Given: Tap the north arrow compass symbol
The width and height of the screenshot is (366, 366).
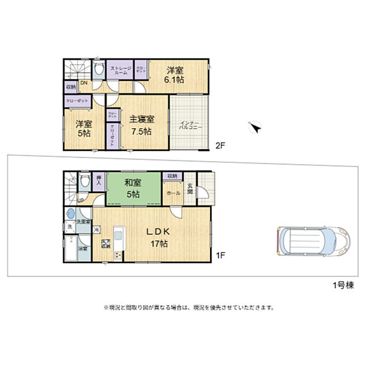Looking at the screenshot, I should (x=256, y=127).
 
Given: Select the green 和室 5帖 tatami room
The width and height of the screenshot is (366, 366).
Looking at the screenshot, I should (x=132, y=189).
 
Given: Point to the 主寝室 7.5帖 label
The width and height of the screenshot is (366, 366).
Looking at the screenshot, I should (x=142, y=125).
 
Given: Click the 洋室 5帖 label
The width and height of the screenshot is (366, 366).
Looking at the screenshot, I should (x=83, y=129).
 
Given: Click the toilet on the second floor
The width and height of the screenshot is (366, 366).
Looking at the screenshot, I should (x=98, y=69).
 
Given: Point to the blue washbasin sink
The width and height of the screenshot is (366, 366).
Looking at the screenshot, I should (x=71, y=214).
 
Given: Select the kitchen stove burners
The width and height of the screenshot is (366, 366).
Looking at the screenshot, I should (x=118, y=255).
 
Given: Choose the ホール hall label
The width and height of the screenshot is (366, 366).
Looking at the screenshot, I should (x=173, y=192).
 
